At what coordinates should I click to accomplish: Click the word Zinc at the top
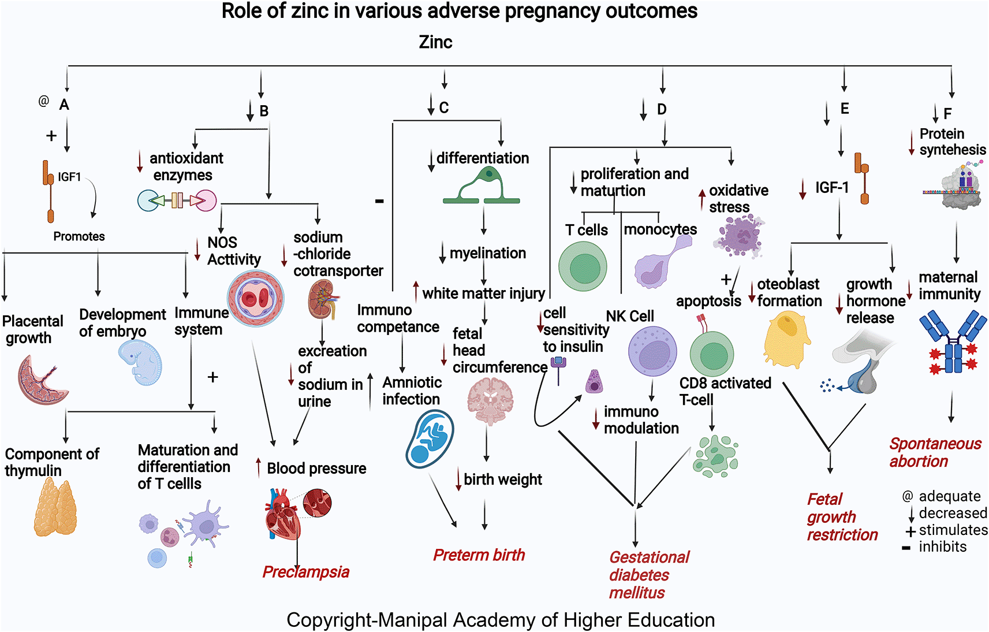[x=435, y=42]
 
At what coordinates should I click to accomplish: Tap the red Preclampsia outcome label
[x=306, y=572]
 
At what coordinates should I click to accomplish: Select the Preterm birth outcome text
[x=479, y=555]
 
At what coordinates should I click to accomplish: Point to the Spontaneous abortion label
[x=935, y=452]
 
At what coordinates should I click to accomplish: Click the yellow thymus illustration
[x=55, y=508]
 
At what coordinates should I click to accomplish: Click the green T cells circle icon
[x=583, y=266]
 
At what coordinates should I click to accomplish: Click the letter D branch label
[x=662, y=109]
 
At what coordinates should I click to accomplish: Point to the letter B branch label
[x=264, y=111]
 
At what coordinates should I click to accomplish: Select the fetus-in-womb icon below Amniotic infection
[x=430, y=438]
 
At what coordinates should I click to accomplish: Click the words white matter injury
[x=483, y=293]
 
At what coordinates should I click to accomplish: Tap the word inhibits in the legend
[x=942, y=547]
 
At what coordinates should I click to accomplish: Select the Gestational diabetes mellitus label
[x=649, y=575]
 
